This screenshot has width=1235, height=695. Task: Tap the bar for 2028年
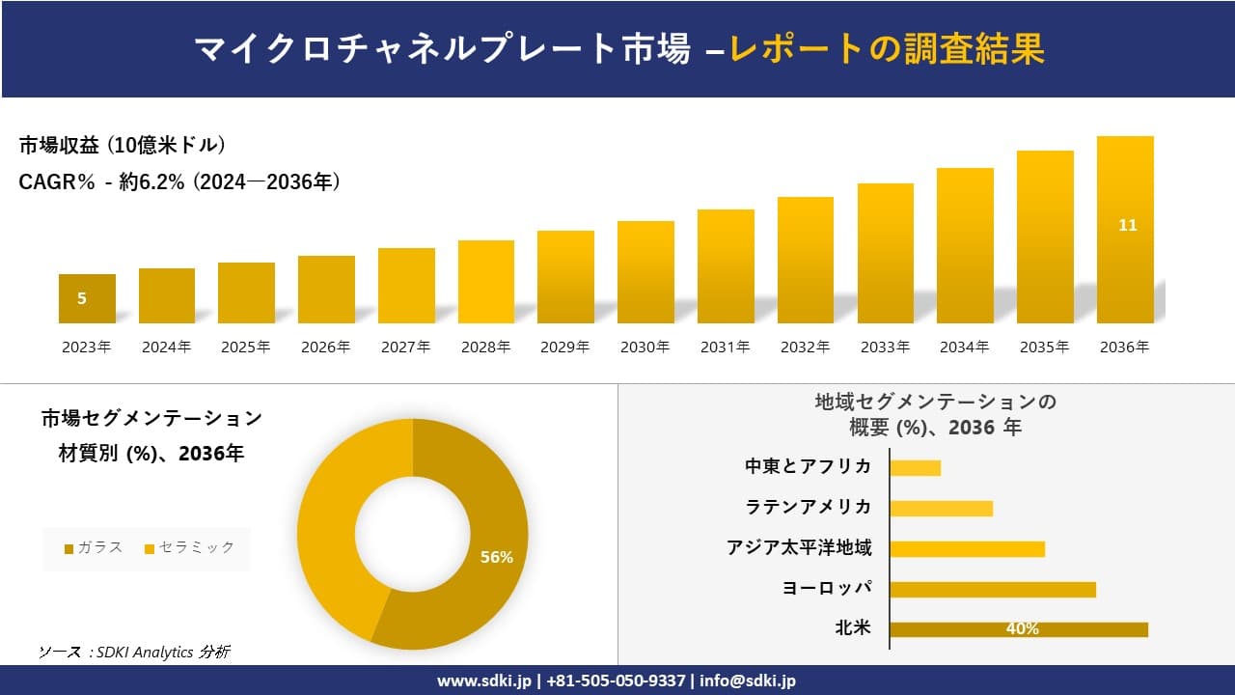[x=485, y=282]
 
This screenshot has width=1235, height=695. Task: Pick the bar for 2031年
[x=726, y=266]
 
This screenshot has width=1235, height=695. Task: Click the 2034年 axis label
[x=964, y=347]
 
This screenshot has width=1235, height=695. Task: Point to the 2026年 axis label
[x=325, y=347]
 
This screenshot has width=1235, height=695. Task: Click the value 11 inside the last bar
[x=1127, y=225]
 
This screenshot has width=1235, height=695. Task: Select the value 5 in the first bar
[x=82, y=298]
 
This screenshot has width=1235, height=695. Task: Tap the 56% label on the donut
[x=496, y=557]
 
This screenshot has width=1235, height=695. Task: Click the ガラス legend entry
[x=94, y=547]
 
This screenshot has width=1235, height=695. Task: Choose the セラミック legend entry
[x=189, y=547]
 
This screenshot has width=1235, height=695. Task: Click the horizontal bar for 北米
[x=1018, y=629]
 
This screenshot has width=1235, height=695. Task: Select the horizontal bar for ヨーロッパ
[x=992, y=589]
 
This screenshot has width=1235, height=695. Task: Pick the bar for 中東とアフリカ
[x=915, y=467]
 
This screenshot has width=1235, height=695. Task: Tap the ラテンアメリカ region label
[x=808, y=507]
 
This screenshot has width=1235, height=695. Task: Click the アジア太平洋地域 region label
[x=799, y=548]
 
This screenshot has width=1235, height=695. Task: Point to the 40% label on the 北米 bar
[x=1022, y=629]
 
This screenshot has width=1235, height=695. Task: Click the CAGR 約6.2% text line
[x=179, y=181]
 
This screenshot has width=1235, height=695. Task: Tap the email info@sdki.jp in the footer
[x=747, y=681]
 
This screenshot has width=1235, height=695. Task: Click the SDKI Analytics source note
[x=134, y=652]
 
